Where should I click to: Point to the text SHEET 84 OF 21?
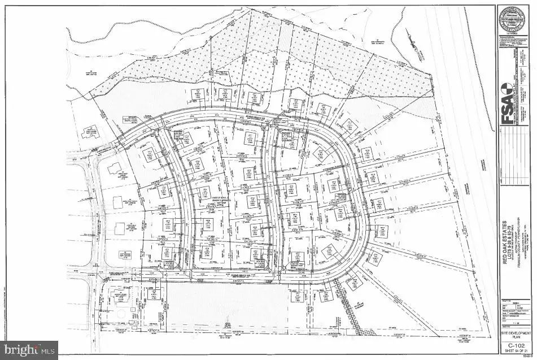515,350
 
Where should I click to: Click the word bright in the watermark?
21,350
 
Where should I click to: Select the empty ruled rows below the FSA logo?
515,170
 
